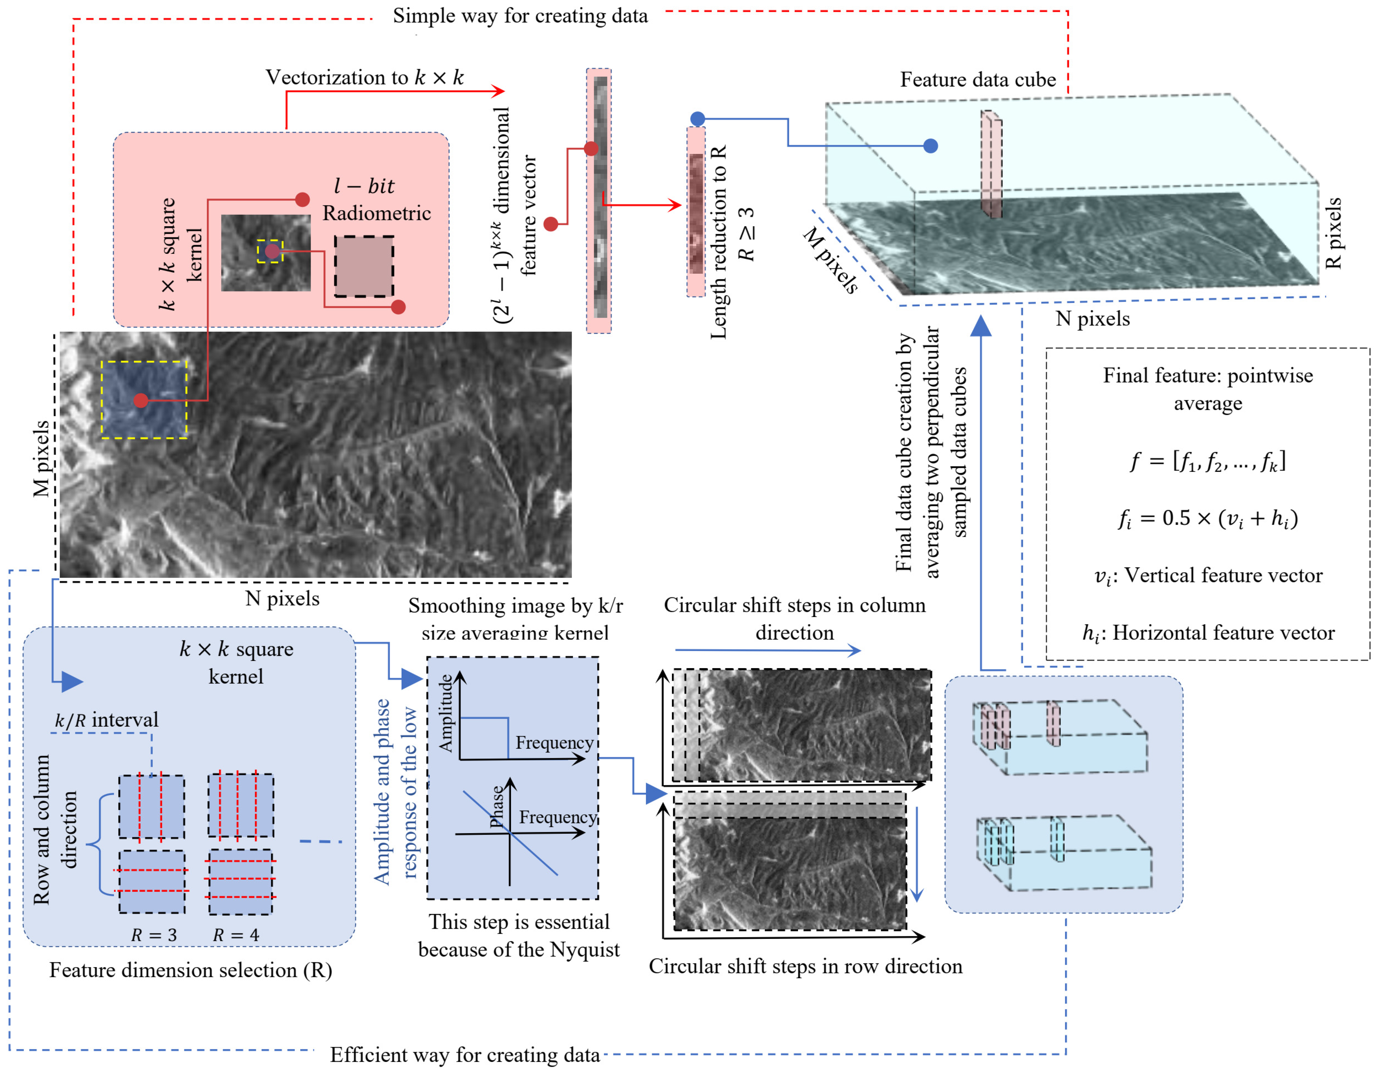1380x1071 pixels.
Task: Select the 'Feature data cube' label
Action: click(977, 79)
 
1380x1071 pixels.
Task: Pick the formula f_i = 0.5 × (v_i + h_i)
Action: click(1207, 518)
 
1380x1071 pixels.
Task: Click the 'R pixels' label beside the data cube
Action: click(1333, 234)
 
